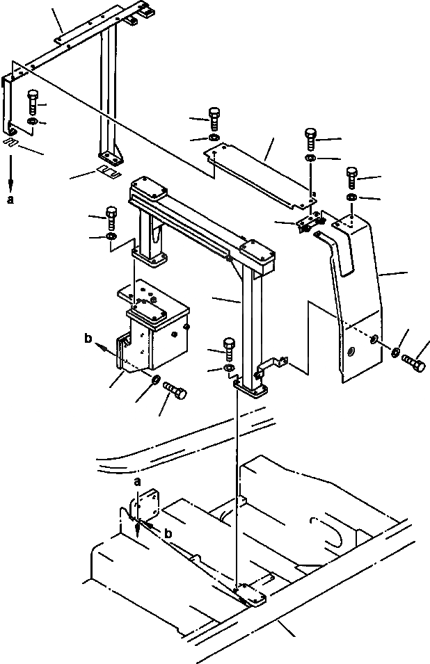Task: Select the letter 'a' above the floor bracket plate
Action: [x=138, y=481]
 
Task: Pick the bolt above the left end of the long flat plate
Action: [x=214, y=117]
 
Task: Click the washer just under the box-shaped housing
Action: [x=157, y=382]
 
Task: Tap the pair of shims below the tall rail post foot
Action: [x=107, y=172]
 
